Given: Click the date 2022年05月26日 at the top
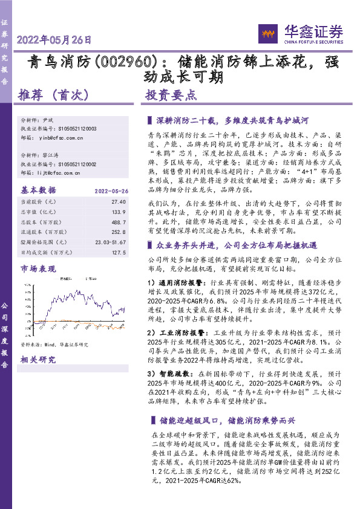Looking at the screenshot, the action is point(55,40).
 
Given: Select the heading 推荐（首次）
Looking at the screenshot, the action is point(54,95).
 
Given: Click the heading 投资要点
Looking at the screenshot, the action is point(171,95).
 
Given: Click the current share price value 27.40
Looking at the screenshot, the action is point(119,201).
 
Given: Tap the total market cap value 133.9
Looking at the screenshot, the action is point(119,211).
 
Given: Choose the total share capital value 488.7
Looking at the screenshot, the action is point(119,221).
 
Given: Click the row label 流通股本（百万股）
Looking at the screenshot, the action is point(44,232).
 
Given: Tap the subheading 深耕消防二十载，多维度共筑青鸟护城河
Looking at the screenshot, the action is point(233,120).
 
